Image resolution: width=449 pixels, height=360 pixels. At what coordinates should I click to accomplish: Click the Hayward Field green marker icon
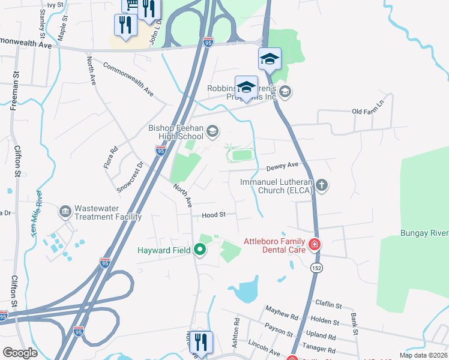[x=200, y=250]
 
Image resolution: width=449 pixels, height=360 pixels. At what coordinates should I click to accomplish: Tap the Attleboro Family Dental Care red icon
[x=314, y=244]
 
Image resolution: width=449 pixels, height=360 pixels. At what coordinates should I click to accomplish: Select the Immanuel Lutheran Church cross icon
[x=322, y=185]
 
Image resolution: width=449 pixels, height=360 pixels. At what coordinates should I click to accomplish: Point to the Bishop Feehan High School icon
[x=212, y=131]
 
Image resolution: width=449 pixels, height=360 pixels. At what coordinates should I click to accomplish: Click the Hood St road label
[x=214, y=214]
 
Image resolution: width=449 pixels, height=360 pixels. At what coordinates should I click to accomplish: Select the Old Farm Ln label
[x=366, y=112]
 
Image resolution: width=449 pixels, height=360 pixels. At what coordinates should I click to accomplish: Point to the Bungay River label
[x=424, y=232]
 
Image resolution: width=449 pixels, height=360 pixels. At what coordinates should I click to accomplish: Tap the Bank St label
[x=355, y=324]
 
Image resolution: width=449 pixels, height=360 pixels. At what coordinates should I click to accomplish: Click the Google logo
[x=20, y=353]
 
